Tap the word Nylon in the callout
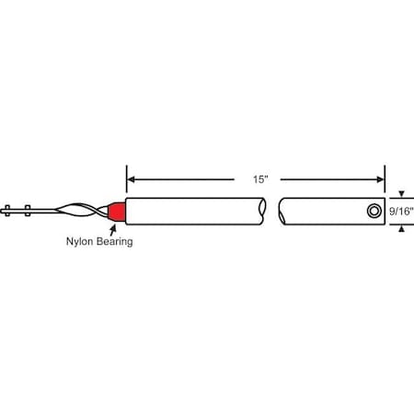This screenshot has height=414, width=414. pyautogui.click(x=80, y=243)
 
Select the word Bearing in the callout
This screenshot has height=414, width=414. pyautogui.click(x=115, y=243)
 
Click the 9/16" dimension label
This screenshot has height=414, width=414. pyautogui.click(x=402, y=211)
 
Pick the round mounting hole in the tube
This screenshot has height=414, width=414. pyautogui.click(x=372, y=211)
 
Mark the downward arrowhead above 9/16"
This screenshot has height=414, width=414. pyautogui.click(x=400, y=194)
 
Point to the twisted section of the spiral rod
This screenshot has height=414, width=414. pyautogui.click(x=77, y=211)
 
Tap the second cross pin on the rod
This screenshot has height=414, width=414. pyautogui.click(x=29, y=211)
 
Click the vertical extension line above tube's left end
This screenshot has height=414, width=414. pyautogui.click(x=125, y=179)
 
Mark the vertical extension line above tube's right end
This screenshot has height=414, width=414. pyautogui.click(x=385, y=179)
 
